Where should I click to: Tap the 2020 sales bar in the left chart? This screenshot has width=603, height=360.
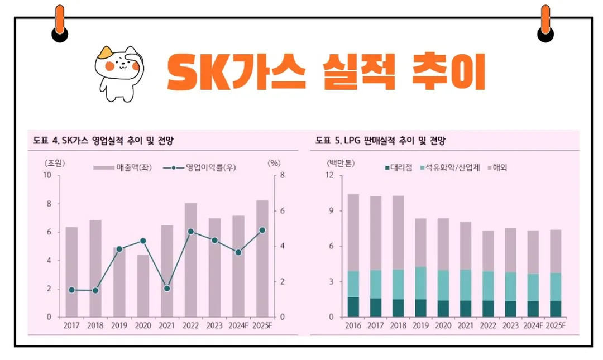tap(143, 285)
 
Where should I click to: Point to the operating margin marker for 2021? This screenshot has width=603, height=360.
tap(167, 289)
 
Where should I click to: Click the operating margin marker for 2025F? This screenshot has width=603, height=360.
tap(262, 230)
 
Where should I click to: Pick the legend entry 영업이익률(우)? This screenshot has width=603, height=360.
tap(199, 167)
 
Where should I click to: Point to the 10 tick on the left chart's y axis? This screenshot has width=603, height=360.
tap(48, 175)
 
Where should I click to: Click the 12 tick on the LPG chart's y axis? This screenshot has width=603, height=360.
tap(329, 175)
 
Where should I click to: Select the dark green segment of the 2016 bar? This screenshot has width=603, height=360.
tap(353, 307)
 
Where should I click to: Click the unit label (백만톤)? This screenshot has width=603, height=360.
tap(341, 164)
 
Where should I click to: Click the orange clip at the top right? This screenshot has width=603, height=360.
tap(545, 19)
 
